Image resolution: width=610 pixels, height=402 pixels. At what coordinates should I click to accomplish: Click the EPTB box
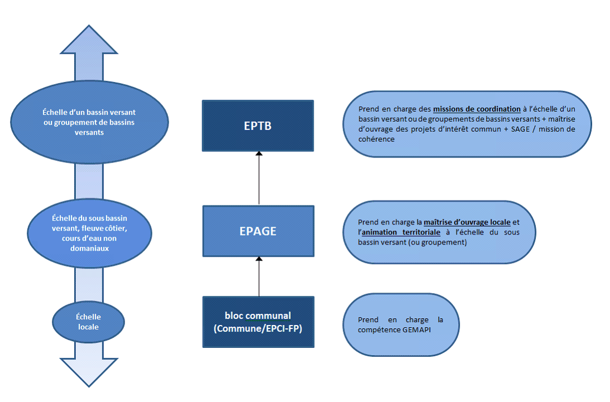[x=257, y=126]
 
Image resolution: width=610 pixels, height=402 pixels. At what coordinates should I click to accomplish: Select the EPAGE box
[x=257, y=231]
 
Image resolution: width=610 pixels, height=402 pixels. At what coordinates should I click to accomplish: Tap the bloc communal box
[x=257, y=322]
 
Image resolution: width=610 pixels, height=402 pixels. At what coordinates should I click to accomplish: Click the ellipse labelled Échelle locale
[x=88, y=322]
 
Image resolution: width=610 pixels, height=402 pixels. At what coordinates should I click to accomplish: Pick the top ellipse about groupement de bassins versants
[x=89, y=117]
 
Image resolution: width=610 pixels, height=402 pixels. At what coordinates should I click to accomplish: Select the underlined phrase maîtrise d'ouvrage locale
[x=467, y=222]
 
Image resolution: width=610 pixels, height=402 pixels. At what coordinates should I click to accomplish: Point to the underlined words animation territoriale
[x=399, y=232]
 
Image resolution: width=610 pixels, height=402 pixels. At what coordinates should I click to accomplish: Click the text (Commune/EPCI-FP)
[x=257, y=329]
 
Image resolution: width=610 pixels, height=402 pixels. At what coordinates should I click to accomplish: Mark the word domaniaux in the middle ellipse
[x=90, y=248]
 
